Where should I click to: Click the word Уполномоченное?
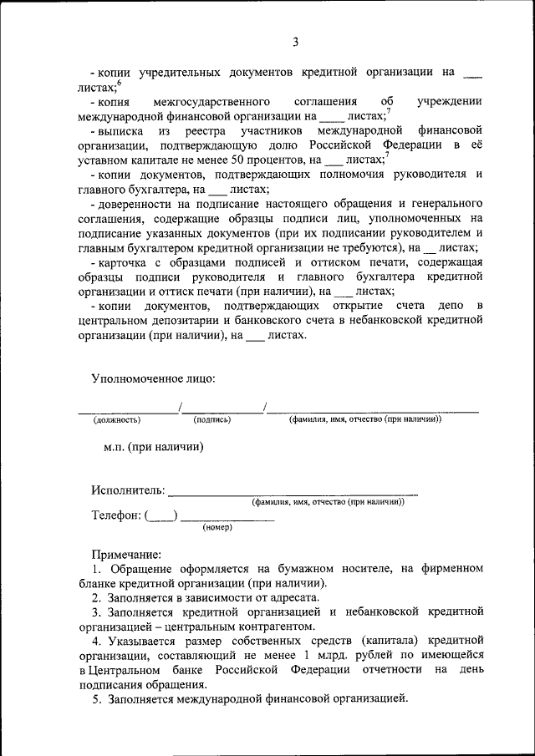click(x=135, y=378)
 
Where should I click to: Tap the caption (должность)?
click(x=117, y=419)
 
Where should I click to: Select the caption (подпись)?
click(x=211, y=419)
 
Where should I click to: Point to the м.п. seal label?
click(x=115, y=447)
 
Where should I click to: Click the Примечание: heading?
click(x=127, y=553)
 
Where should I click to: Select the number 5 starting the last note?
click(x=96, y=698)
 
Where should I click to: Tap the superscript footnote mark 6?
click(x=120, y=82)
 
